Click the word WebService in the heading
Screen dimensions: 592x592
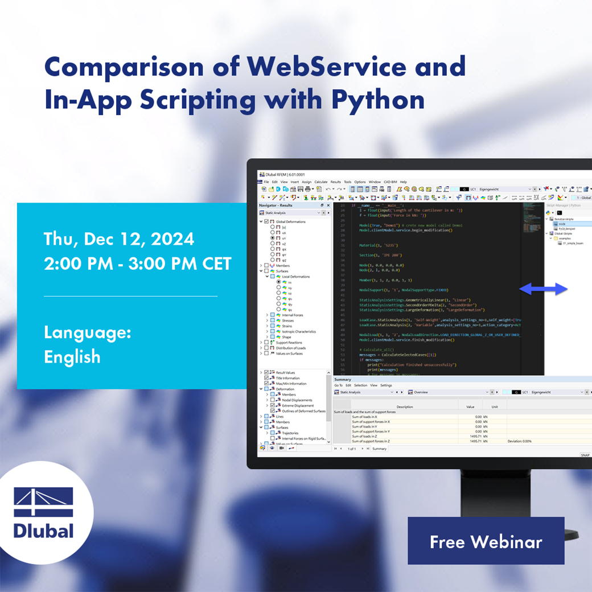point(327,67)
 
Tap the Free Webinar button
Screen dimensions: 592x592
point(486,541)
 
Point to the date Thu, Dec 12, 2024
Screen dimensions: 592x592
point(119,239)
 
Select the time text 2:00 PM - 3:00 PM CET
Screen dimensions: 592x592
point(137,264)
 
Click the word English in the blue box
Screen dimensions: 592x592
point(72,357)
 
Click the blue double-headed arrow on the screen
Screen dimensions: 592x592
point(544,289)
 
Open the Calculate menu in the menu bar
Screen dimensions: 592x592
point(321,182)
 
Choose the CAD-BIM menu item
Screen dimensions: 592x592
point(390,182)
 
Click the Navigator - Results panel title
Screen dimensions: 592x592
point(276,205)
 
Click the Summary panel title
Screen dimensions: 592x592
point(343,379)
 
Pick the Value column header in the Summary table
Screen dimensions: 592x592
point(470,407)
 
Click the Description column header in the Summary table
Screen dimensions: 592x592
point(405,407)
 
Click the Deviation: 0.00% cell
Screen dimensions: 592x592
point(519,441)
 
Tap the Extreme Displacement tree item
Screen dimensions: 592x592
point(298,405)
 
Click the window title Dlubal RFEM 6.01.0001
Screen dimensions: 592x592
point(283,174)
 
